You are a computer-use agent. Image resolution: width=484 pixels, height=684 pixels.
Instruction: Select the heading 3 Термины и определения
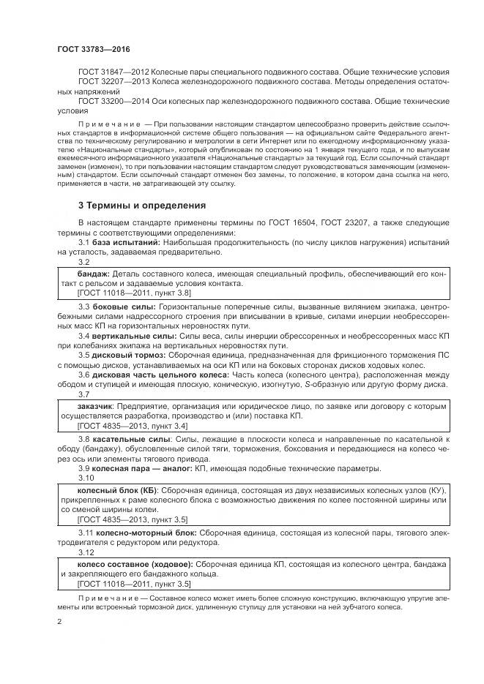point(142,205)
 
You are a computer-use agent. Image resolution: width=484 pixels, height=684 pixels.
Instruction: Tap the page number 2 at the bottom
point(59,622)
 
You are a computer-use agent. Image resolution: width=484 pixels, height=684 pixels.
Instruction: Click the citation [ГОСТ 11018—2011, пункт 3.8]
point(134,292)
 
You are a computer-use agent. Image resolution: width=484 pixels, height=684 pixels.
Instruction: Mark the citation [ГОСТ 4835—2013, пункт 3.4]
point(132,425)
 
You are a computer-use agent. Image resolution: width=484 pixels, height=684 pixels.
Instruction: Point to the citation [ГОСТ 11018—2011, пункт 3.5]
point(134,585)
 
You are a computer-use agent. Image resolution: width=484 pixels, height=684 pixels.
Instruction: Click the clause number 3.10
point(87,478)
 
